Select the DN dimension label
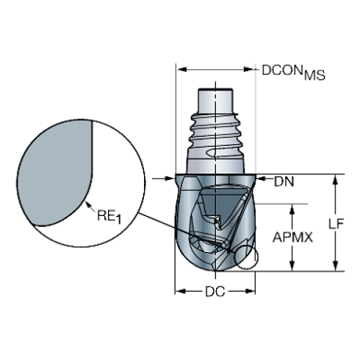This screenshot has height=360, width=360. click(284, 182)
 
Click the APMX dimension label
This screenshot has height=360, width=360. click(293, 237)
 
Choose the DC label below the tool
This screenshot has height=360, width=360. click(215, 292)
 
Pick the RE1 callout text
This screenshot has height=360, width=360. click(107, 216)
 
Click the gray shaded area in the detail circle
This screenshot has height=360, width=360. click(55, 173)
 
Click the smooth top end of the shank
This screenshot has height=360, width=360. click(215, 99)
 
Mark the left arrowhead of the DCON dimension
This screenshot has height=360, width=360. click(179, 70)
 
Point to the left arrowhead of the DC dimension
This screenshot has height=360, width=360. click(178, 292)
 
